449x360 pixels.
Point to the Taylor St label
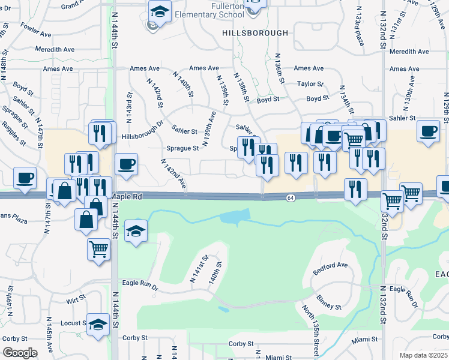coord(310,84)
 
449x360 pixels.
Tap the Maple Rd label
coord(126,196)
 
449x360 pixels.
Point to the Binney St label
coord(329,306)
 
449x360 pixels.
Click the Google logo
coord(20,352)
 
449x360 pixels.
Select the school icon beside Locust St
coord(97,325)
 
